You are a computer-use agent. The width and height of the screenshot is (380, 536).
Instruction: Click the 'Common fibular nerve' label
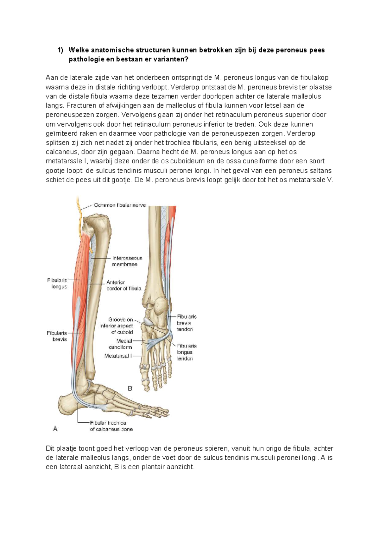pyautogui.click(x=120, y=205)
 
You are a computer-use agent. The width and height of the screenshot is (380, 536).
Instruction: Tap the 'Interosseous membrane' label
pyautogui.click(x=127, y=261)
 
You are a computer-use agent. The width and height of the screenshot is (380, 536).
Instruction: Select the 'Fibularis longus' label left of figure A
pyautogui.click(x=57, y=283)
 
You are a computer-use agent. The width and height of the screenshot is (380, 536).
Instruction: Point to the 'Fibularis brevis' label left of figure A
pyautogui.click(x=57, y=336)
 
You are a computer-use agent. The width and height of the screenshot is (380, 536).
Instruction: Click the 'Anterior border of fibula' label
pyautogui.click(x=123, y=285)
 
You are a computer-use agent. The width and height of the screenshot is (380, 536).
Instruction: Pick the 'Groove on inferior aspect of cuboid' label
pyautogui.click(x=117, y=326)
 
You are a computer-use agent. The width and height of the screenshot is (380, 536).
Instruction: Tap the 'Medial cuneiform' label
pyautogui.click(x=120, y=344)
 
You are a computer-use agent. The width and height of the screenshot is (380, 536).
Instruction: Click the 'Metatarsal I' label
pyautogui.click(x=118, y=356)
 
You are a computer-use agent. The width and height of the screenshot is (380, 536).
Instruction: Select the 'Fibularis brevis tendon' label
pyautogui.click(x=187, y=323)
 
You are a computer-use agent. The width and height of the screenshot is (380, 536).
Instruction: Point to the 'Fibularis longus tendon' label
pyautogui.click(x=187, y=352)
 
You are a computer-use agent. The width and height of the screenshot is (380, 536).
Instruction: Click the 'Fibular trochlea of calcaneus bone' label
pyautogui.click(x=111, y=426)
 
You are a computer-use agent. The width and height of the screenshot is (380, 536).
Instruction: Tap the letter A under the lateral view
pyautogui.click(x=55, y=429)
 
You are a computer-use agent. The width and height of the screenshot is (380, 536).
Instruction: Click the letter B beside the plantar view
pyautogui.click(x=130, y=388)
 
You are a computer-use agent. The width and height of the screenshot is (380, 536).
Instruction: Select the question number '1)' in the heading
pyautogui.click(x=60, y=50)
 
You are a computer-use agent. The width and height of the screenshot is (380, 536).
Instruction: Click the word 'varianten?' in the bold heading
pyautogui.click(x=171, y=59)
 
